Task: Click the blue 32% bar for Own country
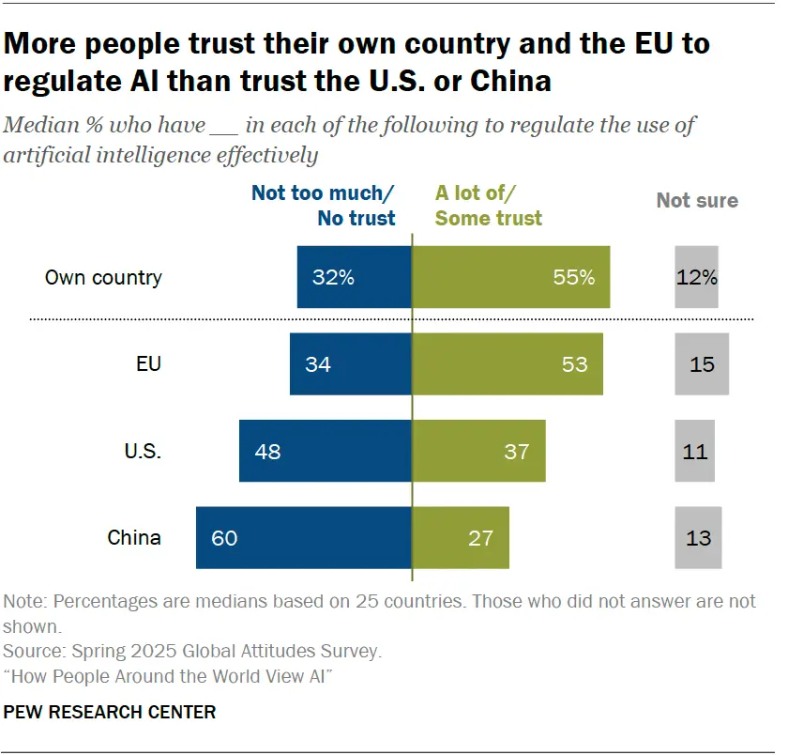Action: (355, 277)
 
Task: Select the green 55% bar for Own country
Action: (511, 277)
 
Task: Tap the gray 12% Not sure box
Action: (696, 277)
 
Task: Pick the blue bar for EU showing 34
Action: (351, 363)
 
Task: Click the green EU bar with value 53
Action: (508, 363)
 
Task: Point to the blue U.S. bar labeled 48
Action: (326, 451)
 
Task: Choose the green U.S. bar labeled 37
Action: (479, 451)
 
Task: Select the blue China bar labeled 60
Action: (304, 538)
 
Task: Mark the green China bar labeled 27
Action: (461, 538)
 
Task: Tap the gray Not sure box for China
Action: (698, 538)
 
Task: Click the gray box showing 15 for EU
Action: (702, 363)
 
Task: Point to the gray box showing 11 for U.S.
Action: (695, 451)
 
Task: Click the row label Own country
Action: (103, 278)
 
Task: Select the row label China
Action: (134, 538)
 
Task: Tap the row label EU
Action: (148, 363)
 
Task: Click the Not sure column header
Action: (697, 200)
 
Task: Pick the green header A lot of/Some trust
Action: (489, 206)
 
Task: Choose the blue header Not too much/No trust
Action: (324, 206)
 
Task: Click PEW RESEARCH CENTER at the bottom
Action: (110, 713)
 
